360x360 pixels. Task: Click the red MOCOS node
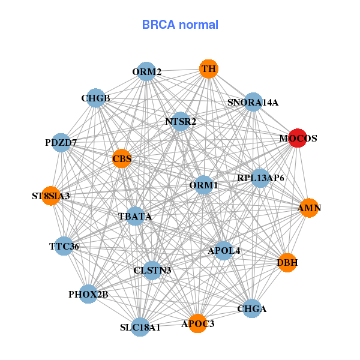[298, 138]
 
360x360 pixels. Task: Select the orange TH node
[208, 69]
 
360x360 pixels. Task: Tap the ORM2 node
[146, 72]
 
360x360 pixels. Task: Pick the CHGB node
[95, 98]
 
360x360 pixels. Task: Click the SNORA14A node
[253, 102]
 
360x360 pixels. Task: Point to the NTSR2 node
[181, 121]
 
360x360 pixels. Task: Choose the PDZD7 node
[61, 143]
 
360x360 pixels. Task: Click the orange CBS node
[121, 158]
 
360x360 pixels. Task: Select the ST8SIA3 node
[51, 196]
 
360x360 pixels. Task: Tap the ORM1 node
[203, 185]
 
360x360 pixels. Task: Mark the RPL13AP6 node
[260, 178]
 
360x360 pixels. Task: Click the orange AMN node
[309, 208]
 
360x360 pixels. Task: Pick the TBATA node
[135, 216]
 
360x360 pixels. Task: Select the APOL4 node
[224, 250]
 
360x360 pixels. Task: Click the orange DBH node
[287, 262]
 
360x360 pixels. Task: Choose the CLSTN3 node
[152, 270]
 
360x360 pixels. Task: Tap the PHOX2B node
[88, 294]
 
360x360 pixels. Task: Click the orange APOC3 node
[197, 323]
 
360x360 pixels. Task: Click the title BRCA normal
[180, 25]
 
